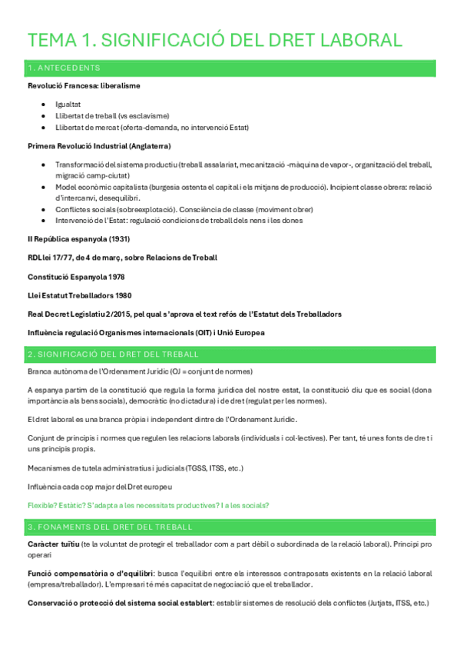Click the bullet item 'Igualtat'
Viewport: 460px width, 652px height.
pos(68,103)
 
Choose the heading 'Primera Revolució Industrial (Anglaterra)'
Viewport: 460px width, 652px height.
pos(99,145)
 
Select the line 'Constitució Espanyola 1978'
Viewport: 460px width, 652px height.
pos(76,276)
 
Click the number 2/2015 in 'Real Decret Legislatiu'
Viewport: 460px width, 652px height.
pos(125,314)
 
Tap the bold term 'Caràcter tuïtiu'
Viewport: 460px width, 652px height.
pos(53,544)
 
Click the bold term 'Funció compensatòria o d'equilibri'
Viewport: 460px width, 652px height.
pos(88,574)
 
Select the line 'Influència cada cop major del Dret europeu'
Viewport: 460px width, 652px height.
pos(100,487)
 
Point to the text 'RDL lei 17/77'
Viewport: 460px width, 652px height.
pos(53,258)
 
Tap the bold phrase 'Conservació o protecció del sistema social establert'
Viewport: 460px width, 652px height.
pos(119,604)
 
